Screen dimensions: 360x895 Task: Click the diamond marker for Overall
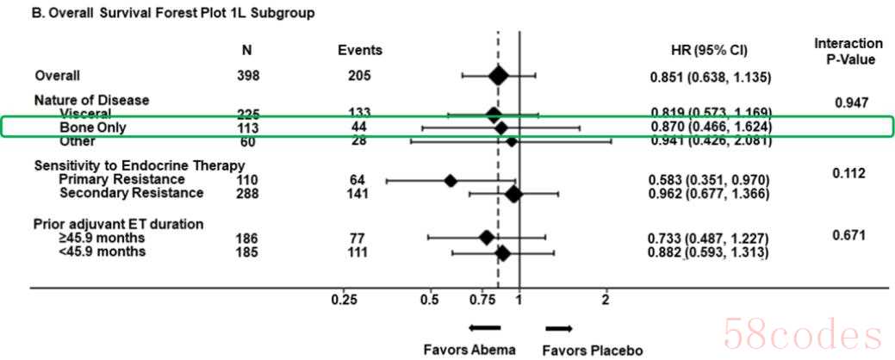point(498,77)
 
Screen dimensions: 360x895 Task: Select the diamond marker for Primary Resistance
point(450,180)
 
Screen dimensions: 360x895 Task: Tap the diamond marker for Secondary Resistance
point(513,194)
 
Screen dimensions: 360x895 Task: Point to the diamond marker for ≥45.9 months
point(487,237)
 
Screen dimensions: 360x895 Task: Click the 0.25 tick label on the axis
point(344,299)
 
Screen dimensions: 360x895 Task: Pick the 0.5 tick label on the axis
point(429,299)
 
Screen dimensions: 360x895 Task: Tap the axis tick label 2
point(606,299)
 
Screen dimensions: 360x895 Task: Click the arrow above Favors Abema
point(484,327)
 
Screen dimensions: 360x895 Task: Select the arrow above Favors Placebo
point(559,327)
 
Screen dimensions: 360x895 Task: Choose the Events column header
point(359,51)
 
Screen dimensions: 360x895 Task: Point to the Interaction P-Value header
point(848,52)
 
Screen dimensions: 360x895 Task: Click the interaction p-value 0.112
point(848,173)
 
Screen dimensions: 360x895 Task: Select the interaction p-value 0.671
point(848,235)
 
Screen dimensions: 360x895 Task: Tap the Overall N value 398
point(248,77)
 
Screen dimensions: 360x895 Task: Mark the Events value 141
point(354,194)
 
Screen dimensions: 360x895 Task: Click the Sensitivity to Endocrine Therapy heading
point(140,165)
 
